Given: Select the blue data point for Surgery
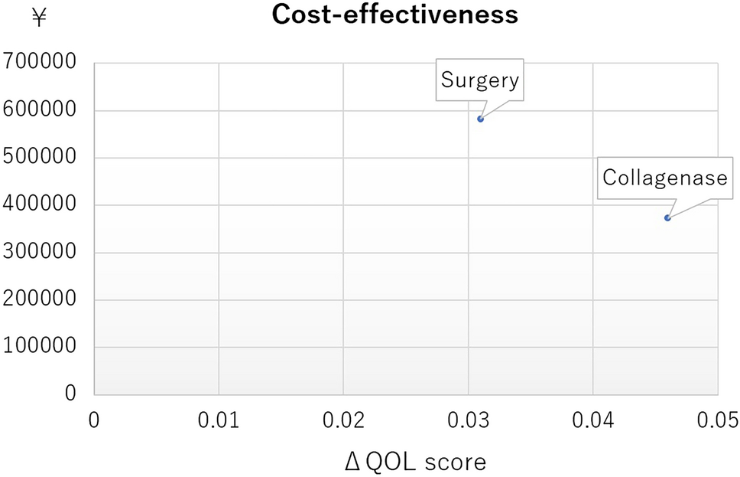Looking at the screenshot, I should pos(480,119).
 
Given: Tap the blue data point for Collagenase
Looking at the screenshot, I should pos(667,218).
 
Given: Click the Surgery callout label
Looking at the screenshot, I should pos(479,80).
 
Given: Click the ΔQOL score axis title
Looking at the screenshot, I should pos(415,462).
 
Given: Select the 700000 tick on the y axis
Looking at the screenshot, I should pos(40,62).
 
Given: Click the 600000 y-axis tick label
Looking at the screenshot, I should pos(40,109).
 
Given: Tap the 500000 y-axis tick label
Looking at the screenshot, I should pos(40,157).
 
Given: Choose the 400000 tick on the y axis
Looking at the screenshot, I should pos(40,204).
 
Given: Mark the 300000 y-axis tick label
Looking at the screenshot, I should pos(40,252).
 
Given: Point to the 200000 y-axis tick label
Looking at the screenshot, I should pos(40,299).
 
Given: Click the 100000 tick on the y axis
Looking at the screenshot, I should pos(40,346).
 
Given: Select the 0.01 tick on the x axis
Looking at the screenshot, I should pos(219,420).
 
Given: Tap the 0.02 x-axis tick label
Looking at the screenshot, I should pos(343,420).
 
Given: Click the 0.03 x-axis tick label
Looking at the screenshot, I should pos(468,420).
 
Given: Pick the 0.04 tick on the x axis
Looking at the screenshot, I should pos(592,420).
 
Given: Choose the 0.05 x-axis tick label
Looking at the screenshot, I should pos(716,420).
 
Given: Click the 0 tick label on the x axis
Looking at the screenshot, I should pos(95,420).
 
